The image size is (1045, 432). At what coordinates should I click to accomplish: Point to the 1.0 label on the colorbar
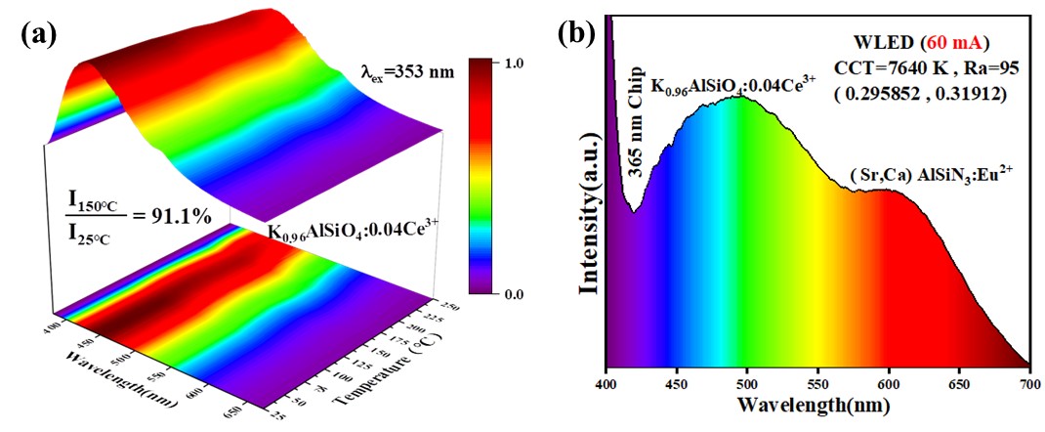point(515,62)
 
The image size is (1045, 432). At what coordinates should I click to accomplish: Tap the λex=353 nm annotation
point(404,70)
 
